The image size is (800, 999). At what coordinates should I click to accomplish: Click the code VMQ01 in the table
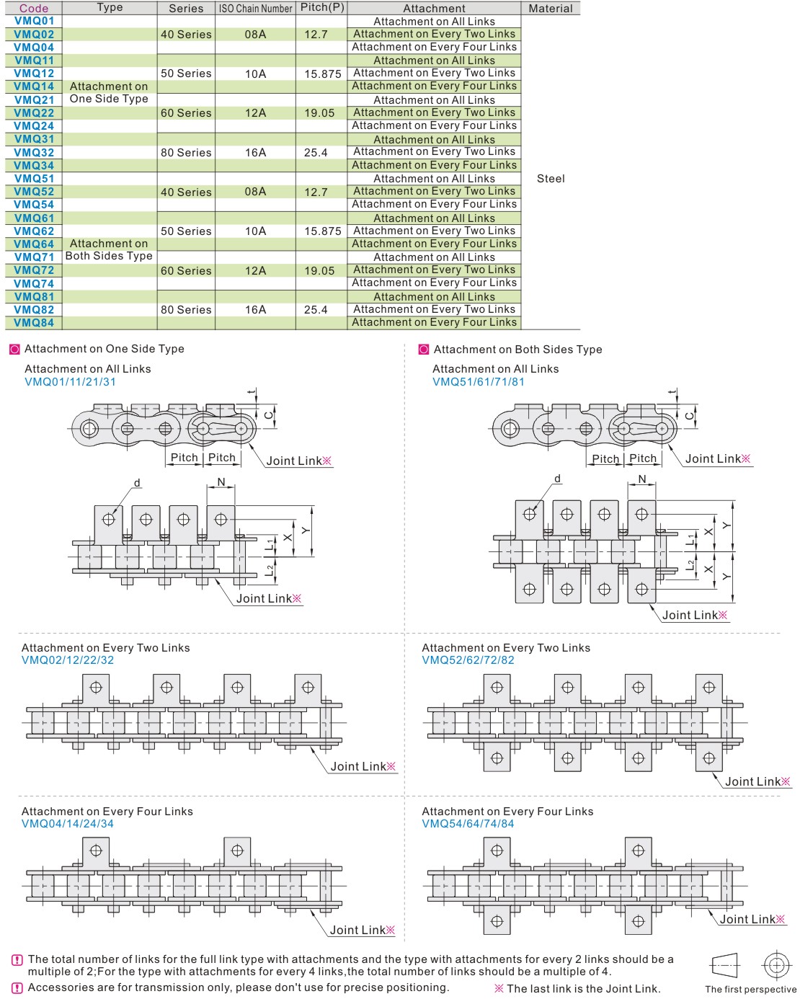(x=34, y=21)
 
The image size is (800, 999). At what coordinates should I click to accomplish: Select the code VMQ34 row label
(x=34, y=166)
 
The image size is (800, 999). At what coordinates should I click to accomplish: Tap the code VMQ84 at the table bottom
(x=34, y=323)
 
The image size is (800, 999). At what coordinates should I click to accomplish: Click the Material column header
(x=550, y=9)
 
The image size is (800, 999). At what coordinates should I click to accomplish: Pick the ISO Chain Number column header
(x=255, y=9)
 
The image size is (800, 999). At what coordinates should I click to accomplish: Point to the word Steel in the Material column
(x=551, y=179)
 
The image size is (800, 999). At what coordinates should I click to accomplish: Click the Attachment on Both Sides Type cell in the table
(x=109, y=249)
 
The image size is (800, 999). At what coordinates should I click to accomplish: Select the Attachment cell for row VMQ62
(x=434, y=231)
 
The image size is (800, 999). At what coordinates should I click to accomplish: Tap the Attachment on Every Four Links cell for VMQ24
(x=434, y=125)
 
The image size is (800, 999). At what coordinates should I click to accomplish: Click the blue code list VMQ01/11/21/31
(x=70, y=381)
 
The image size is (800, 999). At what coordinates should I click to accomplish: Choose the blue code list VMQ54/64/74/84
(x=468, y=824)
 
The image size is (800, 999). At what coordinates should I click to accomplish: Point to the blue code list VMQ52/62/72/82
(x=468, y=660)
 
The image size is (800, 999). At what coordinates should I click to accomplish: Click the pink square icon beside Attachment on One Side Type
(x=15, y=349)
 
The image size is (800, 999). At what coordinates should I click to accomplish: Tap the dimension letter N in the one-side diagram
(x=221, y=482)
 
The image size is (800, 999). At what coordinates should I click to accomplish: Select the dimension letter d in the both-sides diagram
(x=557, y=478)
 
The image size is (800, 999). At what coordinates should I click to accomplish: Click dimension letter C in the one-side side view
(x=269, y=414)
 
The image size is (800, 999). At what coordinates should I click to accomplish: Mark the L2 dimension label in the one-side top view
(x=270, y=570)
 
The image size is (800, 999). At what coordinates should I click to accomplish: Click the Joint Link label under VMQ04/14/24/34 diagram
(x=362, y=930)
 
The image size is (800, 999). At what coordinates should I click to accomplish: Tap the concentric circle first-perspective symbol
(x=776, y=965)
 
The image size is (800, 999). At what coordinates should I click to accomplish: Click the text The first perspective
(x=750, y=989)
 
